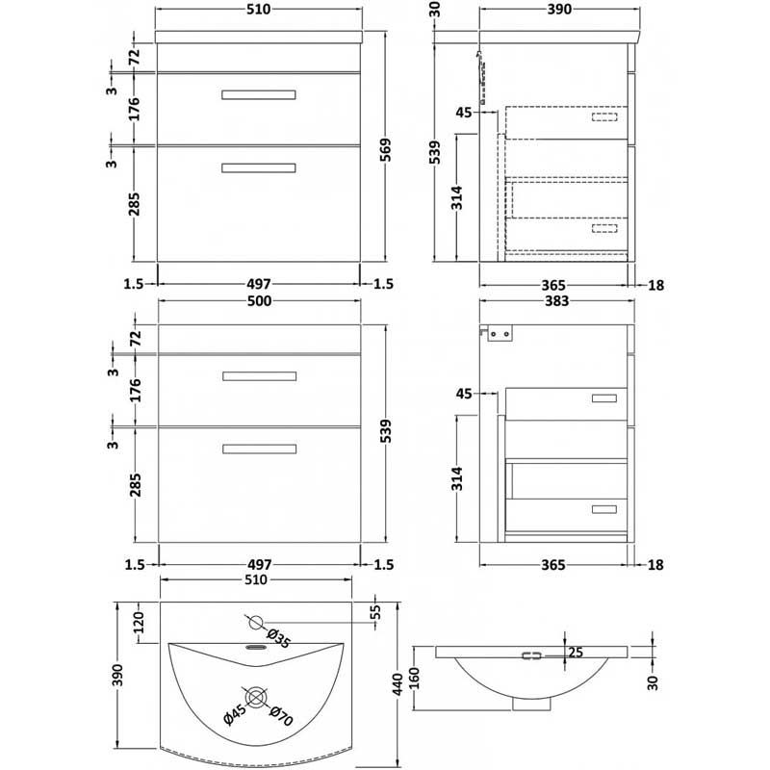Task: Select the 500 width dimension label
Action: pyautogui.click(x=260, y=302)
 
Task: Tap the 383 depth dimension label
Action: pyautogui.click(x=559, y=302)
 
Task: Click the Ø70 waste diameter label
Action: pyautogui.click(x=279, y=716)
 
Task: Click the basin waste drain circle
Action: pyautogui.click(x=257, y=695)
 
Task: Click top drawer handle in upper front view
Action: pyautogui.click(x=259, y=94)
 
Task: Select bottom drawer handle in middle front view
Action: pyautogui.click(x=259, y=448)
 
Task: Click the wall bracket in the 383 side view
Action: pyautogui.click(x=500, y=333)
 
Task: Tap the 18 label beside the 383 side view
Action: pyautogui.click(x=657, y=565)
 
